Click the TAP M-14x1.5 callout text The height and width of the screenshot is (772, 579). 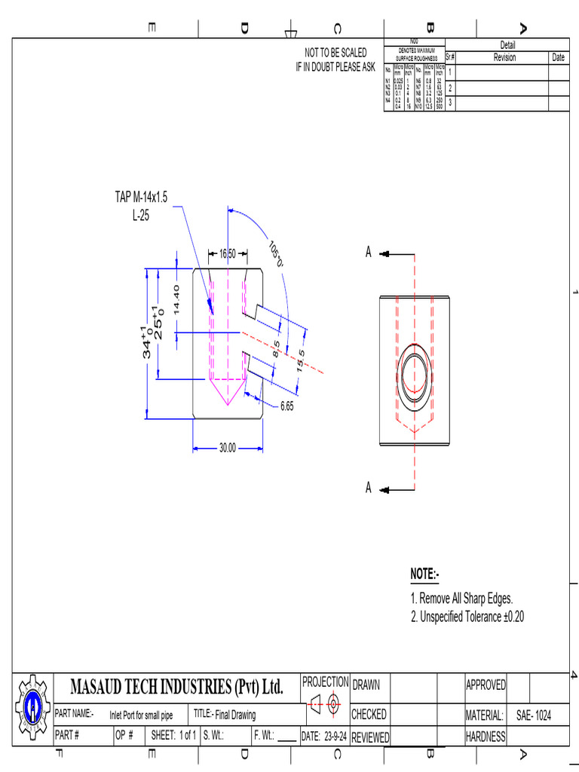(x=141, y=197)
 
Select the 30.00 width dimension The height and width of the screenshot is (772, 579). (x=227, y=448)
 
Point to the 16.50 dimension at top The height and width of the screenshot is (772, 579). (x=227, y=253)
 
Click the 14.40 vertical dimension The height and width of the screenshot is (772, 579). (x=176, y=299)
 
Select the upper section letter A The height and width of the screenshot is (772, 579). (x=369, y=253)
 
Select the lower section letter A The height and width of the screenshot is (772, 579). (x=369, y=489)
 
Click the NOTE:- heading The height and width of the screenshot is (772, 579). (x=424, y=574)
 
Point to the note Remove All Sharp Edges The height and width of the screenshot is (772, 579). (x=461, y=599)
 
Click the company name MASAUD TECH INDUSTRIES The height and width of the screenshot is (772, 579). (x=176, y=688)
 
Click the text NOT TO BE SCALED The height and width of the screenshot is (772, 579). (x=335, y=52)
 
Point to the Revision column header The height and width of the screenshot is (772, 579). (x=504, y=57)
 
